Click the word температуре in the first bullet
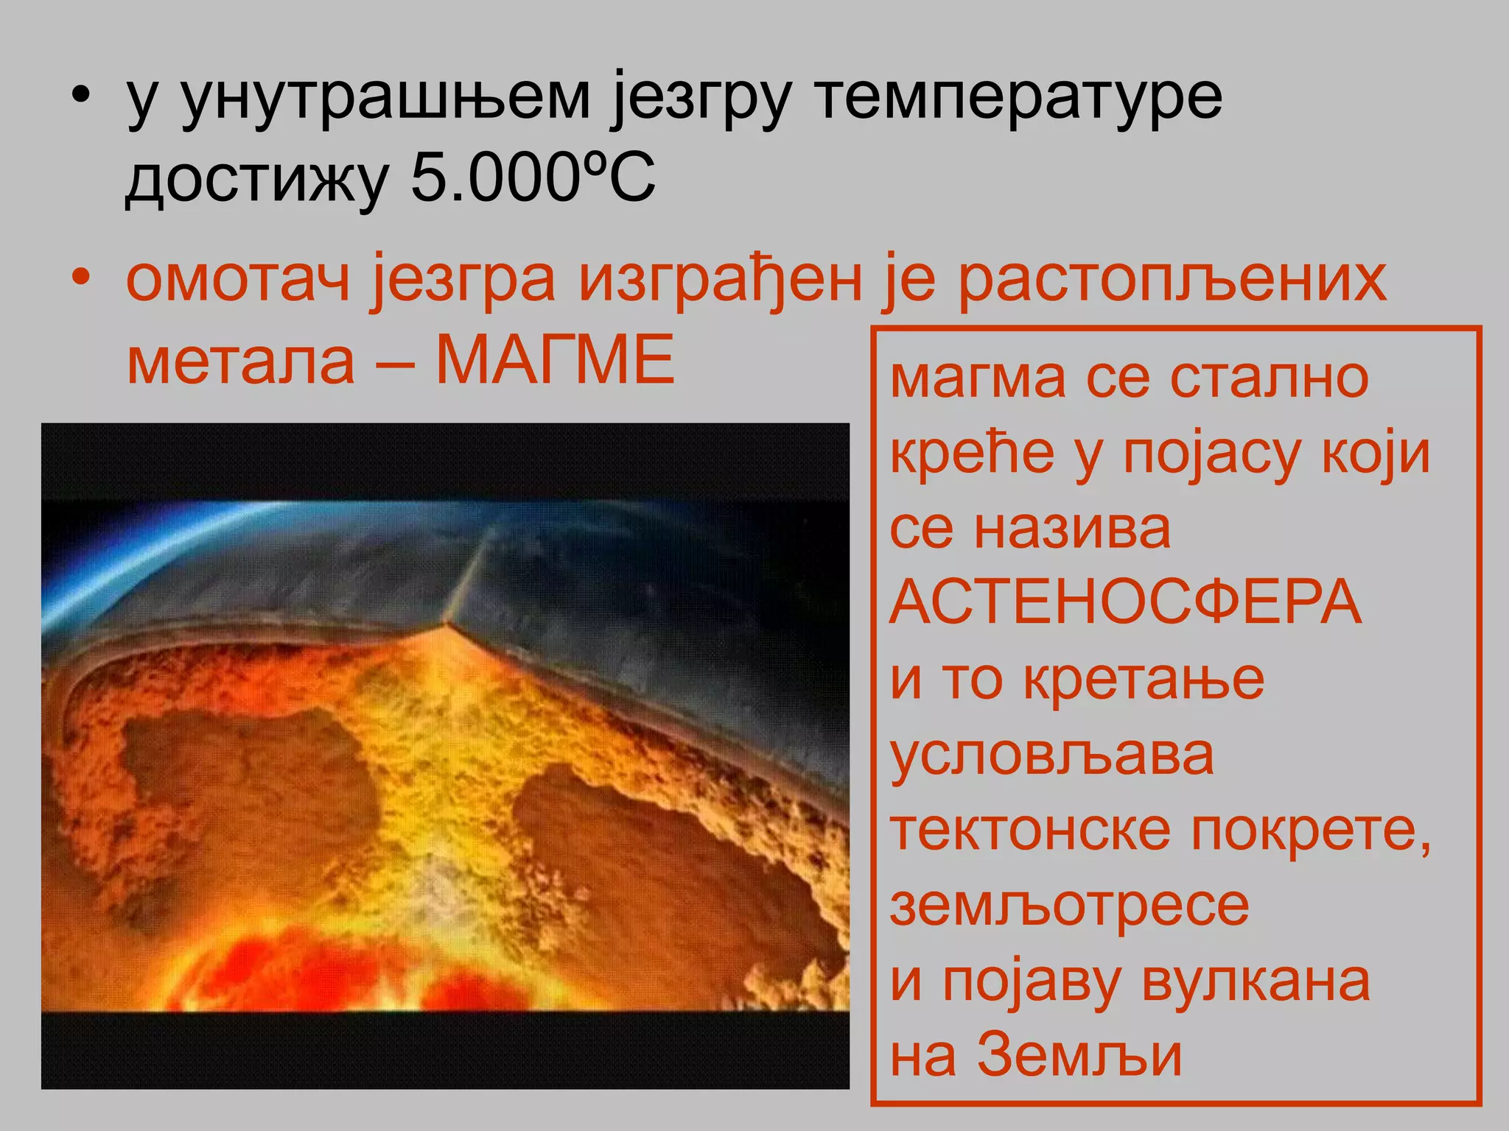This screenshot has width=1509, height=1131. [x=1020, y=97]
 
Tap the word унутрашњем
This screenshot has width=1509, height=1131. [x=385, y=97]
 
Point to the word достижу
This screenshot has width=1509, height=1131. [x=257, y=180]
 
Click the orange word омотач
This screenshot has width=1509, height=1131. [x=238, y=280]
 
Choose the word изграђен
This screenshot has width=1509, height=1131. [x=720, y=280]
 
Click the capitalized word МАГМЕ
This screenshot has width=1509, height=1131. [x=555, y=360]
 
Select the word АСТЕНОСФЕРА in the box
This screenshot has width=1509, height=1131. [x=1125, y=602]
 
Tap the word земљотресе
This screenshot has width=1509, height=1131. [x=1069, y=906]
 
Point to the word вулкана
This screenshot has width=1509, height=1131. [x=1256, y=982]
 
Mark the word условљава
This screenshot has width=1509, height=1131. [x=1051, y=755]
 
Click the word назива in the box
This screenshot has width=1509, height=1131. [x=1072, y=528]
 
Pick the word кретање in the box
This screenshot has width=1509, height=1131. [x=1144, y=680]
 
